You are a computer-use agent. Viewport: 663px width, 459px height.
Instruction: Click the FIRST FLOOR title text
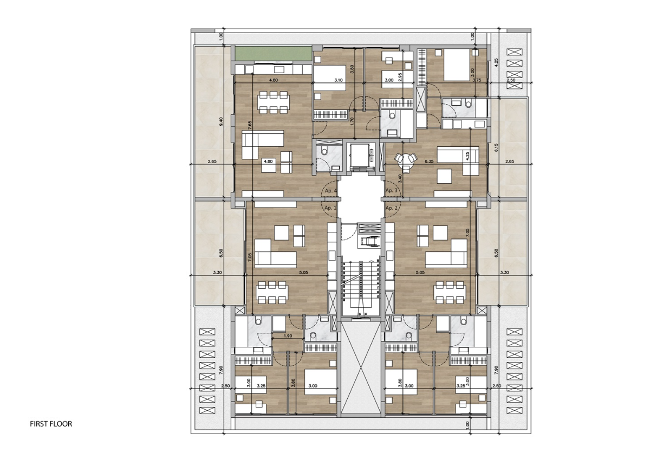click(x=51, y=424)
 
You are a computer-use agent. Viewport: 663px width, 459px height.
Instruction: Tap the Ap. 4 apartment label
click(x=330, y=191)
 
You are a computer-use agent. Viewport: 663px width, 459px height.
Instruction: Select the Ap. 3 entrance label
click(x=392, y=191)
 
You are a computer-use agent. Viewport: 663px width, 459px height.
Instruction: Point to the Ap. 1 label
click(x=330, y=208)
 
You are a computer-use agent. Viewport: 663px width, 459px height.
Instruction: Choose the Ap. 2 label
click(x=392, y=208)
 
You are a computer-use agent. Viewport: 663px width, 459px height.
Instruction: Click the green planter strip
click(x=272, y=54)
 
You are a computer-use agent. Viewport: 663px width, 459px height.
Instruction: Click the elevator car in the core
click(x=362, y=158)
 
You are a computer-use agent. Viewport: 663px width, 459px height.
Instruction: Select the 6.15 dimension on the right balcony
click(x=496, y=146)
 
